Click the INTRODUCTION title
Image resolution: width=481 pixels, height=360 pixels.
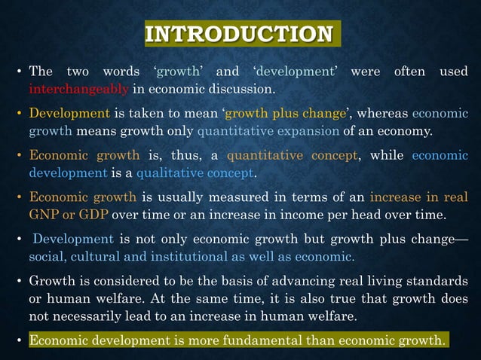239,35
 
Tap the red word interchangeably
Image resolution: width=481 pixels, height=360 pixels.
79,91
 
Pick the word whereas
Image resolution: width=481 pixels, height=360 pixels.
381,114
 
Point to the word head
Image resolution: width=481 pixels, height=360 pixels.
399,216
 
